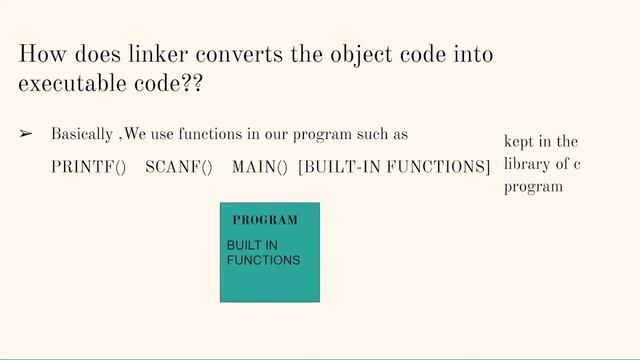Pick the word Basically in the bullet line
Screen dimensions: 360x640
pyautogui.click(x=82, y=134)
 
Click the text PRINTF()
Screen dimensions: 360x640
pyautogui.click(x=89, y=167)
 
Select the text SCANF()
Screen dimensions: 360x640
pyautogui.click(x=179, y=167)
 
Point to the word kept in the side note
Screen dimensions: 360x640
pyautogui.click(x=520, y=142)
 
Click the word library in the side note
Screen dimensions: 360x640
pyautogui.click(x=526, y=164)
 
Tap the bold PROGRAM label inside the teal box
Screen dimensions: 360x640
pyautogui.click(x=265, y=220)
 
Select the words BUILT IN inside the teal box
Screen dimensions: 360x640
pyautogui.click(x=252, y=246)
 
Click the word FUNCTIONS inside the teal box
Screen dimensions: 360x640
pyautogui.click(x=263, y=260)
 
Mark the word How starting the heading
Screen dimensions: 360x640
pyautogui.click(x=39, y=54)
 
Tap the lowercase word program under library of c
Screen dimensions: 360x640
pyautogui.click(x=527, y=186)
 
